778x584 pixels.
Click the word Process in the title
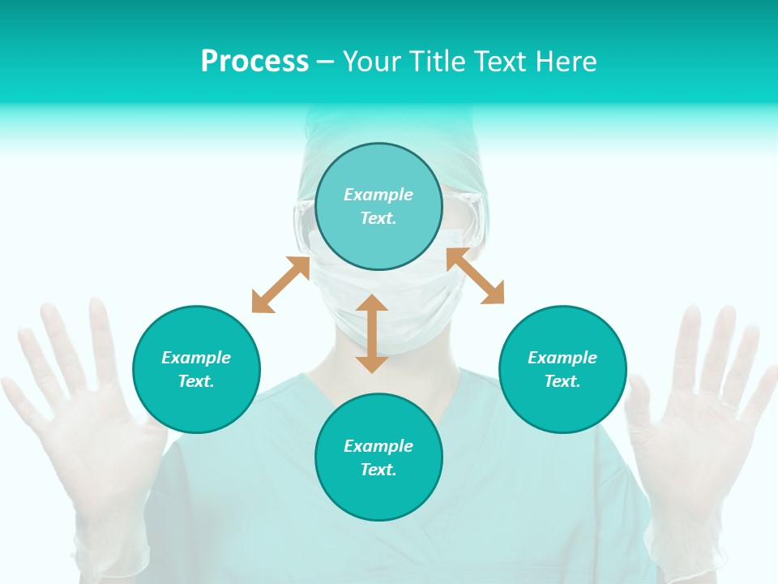click(x=254, y=62)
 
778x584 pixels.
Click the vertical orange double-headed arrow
click(x=372, y=334)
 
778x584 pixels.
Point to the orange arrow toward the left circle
click(x=280, y=284)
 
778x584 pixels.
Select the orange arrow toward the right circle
click(x=476, y=276)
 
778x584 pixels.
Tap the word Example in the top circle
click(x=378, y=195)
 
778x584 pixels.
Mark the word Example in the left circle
click(x=196, y=358)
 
